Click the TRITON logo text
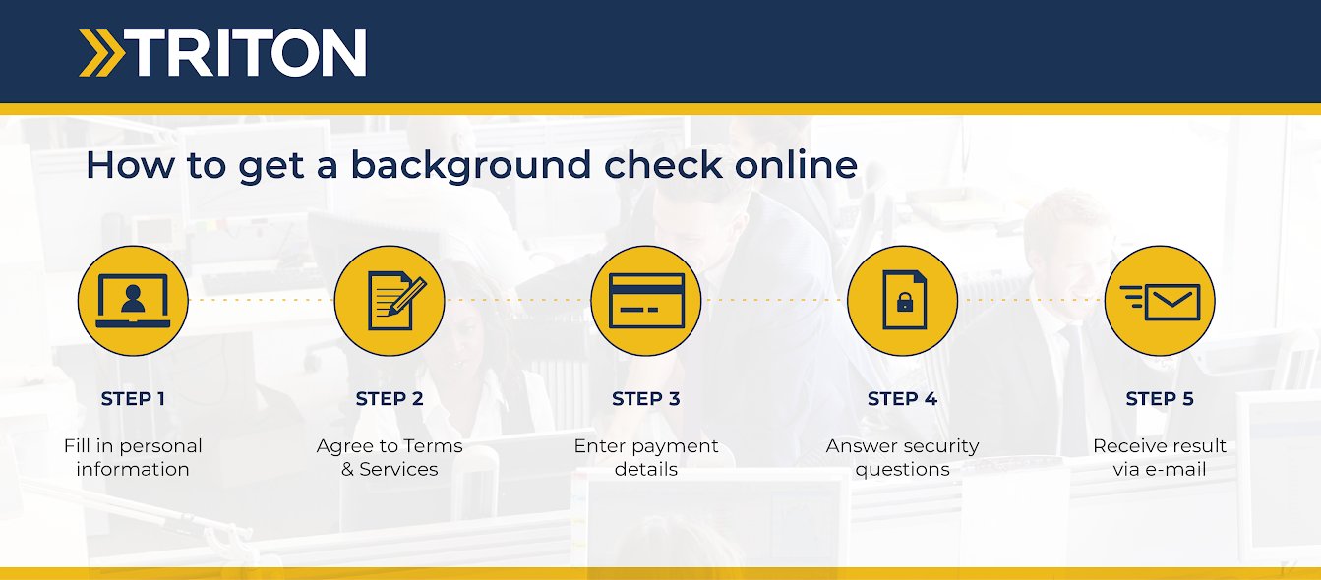(248, 53)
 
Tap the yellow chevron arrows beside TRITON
(101, 53)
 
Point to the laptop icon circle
(133, 300)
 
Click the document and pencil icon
(390, 300)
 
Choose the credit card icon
(646, 300)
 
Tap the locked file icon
(903, 300)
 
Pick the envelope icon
(1160, 300)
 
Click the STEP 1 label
(133, 399)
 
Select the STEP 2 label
(390, 399)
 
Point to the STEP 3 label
(646, 399)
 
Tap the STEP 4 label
(903, 399)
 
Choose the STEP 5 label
(1160, 399)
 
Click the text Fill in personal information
(133, 457)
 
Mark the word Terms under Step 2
(433, 446)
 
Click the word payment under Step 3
(675, 446)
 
